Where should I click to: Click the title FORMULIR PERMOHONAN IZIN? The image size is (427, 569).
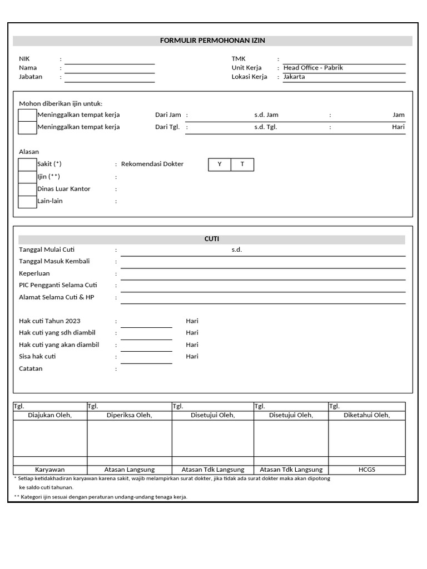(x=213, y=41)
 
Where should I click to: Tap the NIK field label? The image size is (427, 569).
(x=24, y=58)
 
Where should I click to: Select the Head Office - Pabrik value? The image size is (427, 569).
(x=313, y=68)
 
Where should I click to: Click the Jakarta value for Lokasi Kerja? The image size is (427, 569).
(x=294, y=77)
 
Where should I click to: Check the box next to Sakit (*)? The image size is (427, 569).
(x=27, y=164)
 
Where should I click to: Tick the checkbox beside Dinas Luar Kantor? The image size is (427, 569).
(x=27, y=189)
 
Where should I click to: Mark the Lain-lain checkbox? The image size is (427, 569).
(x=27, y=201)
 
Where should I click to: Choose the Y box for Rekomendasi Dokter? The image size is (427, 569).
(x=220, y=164)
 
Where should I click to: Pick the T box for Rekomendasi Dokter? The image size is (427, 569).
(x=242, y=164)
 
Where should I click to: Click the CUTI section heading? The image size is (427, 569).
(x=212, y=239)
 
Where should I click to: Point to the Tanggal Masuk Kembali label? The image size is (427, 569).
(x=54, y=261)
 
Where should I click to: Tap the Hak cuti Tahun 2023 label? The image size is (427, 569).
(x=49, y=321)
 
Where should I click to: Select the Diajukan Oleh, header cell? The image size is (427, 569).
(x=50, y=415)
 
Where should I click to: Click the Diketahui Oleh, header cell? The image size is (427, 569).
(x=366, y=415)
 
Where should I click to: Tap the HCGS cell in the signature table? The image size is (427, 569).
(x=367, y=470)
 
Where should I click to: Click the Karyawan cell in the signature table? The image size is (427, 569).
(x=50, y=470)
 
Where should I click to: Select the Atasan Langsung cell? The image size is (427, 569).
(x=130, y=470)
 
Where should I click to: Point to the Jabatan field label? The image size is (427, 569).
(x=31, y=77)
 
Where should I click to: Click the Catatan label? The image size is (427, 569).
(x=31, y=368)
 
